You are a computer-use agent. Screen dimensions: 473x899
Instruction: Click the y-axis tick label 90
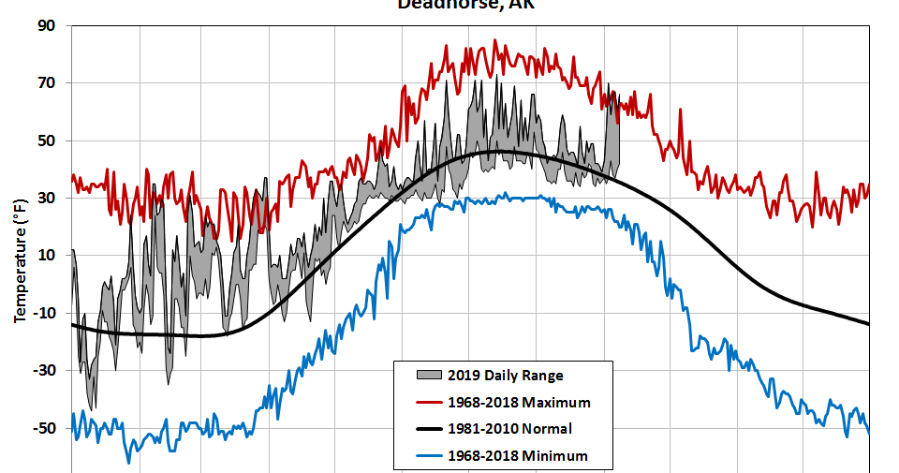click(x=47, y=25)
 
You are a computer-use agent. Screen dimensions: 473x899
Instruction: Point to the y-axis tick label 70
click(x=47, y=82)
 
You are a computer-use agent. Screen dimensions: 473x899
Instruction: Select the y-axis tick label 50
click(x=47, y=140)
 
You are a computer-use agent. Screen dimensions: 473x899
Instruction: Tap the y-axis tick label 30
click(x=47, y=198)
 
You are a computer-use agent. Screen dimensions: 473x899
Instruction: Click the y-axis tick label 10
click(x=47, y=255)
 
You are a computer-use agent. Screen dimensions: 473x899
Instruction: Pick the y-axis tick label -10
click(x=44, y=313)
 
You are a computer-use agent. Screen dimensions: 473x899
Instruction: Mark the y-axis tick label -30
click(x=44, y=370)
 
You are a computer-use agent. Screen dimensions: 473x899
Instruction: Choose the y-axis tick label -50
click(x=44, y=427)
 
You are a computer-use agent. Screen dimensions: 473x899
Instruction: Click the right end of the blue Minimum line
click(x=868, y=433)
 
